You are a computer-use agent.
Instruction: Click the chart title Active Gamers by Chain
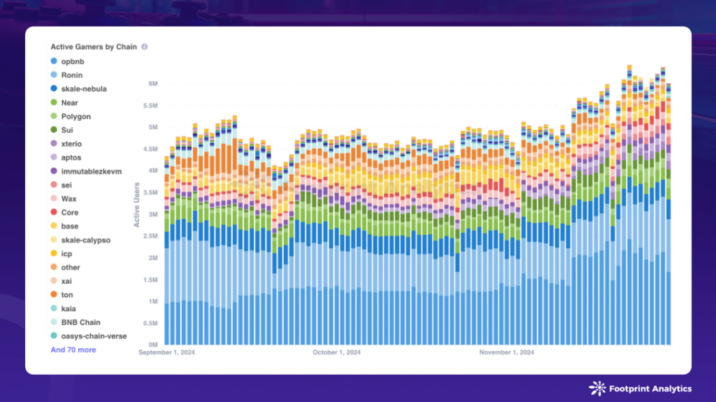pos(93,47)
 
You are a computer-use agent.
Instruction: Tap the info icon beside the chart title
pos(145,47)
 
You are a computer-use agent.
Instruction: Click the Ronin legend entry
pos(71,75)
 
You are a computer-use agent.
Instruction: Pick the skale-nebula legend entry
pos(83,89)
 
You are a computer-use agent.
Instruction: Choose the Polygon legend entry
pos(76,116)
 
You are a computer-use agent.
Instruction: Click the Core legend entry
pos(69,213)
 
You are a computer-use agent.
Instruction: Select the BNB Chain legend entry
pos(80,322)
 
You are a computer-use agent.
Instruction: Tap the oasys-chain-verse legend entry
pos(94,336)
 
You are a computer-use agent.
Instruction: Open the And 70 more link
pos(73,350)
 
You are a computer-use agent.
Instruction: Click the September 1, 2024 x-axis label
pos(166,353)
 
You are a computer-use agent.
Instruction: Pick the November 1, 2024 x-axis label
pos(506,353)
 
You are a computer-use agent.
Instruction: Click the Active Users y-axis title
pos(137,205)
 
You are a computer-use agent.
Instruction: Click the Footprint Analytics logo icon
pos(597,389)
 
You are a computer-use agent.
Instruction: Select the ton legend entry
pos(68,295)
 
